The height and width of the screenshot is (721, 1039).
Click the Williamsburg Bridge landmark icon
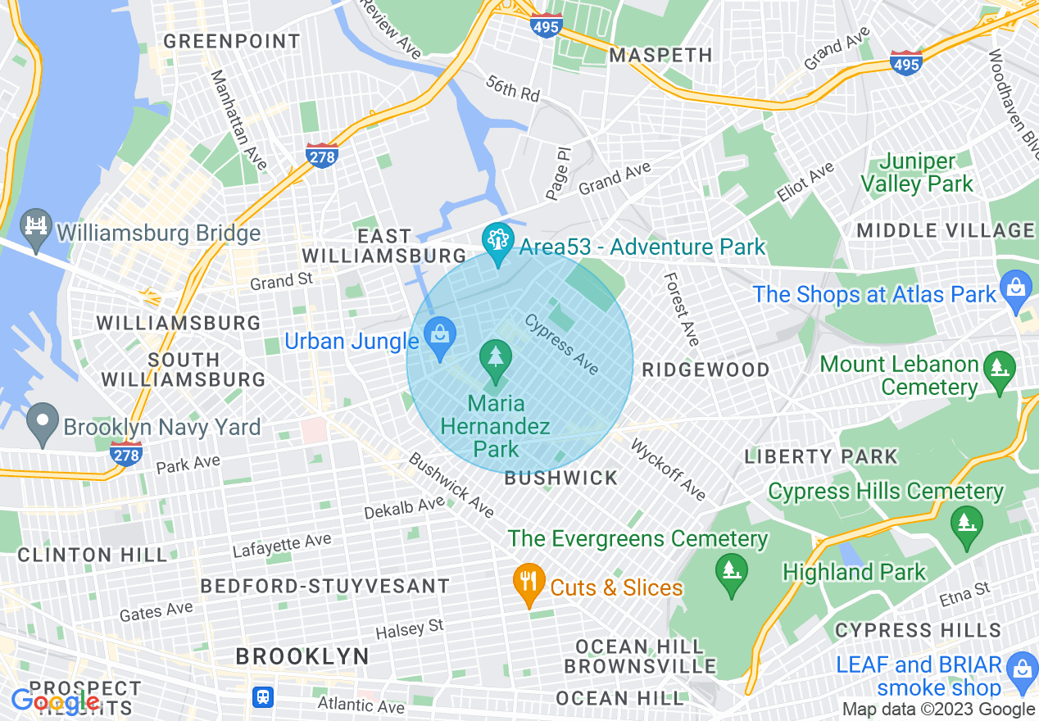point(35,225)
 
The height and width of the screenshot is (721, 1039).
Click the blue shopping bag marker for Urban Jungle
point(440,336)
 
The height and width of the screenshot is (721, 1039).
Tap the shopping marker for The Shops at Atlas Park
point(1016,289)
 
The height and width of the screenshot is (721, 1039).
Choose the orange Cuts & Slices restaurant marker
point(529,583)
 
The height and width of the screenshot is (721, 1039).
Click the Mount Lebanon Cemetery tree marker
point(999,368)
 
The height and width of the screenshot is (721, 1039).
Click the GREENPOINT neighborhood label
point(232,41)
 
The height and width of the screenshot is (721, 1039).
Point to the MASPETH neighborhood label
point(661,55)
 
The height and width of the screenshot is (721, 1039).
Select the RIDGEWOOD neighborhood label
point(706,370)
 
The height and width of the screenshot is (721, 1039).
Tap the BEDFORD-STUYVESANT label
point(325,586)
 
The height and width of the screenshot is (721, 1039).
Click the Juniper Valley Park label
point(917,173)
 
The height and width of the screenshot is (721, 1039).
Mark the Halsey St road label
point(409,629)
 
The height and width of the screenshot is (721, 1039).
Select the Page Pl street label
point(557,173)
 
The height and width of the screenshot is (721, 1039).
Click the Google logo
point(55,701)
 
